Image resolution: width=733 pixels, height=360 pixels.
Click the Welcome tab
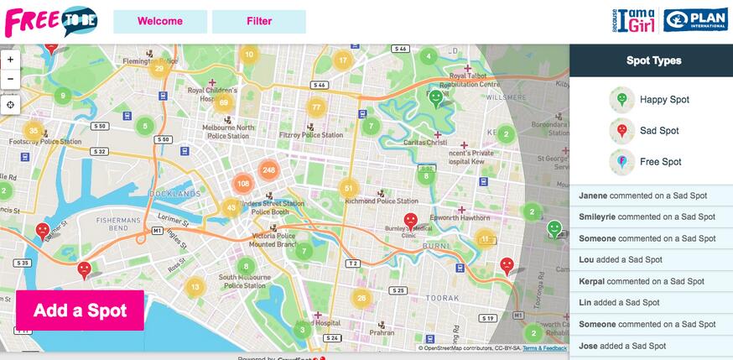[x=159, y=21]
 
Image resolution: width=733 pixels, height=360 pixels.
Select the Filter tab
[x=258, y=21]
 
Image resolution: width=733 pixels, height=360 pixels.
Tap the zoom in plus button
[x=10, y=60]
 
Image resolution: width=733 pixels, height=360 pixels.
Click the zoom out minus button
[x=10, y=79]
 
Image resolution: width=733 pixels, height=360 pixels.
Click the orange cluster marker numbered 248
[x=268, y=170]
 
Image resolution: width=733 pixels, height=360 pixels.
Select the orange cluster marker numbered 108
[x=243, y=184]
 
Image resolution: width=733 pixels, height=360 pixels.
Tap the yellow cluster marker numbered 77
[x=316, y=107]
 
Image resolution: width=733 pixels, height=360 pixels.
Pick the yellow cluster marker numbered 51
[x=349, y=189]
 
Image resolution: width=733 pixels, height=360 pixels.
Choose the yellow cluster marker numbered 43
[x=232, y=207]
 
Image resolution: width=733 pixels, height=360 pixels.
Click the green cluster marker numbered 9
[x=62, y=96]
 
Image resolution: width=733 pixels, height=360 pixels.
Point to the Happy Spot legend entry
[x=650, y=100]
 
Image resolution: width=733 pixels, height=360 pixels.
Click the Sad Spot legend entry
[x=646, y=131]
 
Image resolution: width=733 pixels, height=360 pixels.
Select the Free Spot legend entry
[x=646, y=162]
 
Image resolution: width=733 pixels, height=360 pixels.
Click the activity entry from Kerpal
[x=651, y=281]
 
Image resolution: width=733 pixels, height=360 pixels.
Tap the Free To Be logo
[x=50, y=20]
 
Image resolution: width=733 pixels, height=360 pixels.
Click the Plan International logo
[x=695, y=20]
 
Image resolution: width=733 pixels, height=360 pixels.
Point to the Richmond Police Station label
[x=385, y=201]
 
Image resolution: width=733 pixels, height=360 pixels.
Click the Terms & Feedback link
[x=544, y=347]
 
